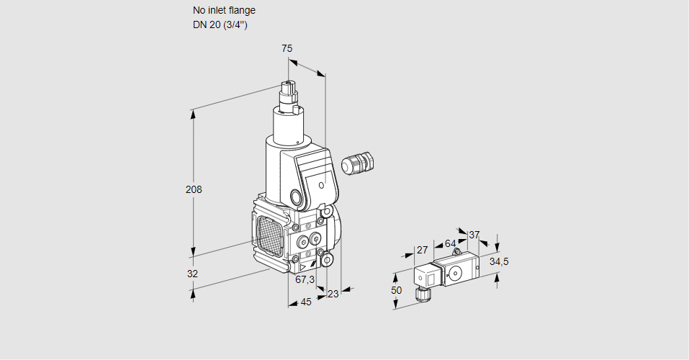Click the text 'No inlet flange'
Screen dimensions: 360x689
click(x=224, y=11)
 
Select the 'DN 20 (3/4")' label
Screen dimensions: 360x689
click(x=220, y=24)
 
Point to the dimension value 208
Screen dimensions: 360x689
click(x=194, y=190)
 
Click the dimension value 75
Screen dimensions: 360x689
click(x=287, y=48)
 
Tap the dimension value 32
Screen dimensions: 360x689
click(x=192, y=274)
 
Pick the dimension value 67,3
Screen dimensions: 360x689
click(x=305, y=279)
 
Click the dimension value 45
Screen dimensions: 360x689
click(x=306, y=302)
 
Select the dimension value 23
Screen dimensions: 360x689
click(x=333, y=294)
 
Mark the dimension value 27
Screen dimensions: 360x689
click(x=423, y=250)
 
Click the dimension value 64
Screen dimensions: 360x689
click(x=450, y=243)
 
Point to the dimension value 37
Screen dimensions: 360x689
click(x=474, y=235)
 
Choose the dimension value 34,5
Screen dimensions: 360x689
click(x=499, y=261)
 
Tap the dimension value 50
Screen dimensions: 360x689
click(x=397, y=290)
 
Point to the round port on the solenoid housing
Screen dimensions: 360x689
click(x=297, y=197)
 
